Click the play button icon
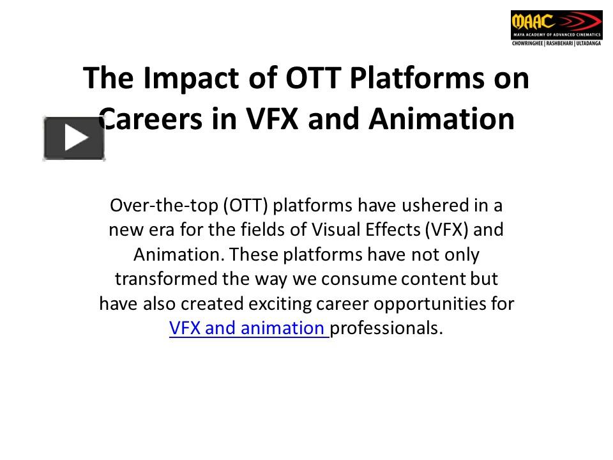(74, 138)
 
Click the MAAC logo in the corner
(556, 24)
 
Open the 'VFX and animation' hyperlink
(248, 328)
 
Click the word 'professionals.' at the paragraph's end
(388, 328)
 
